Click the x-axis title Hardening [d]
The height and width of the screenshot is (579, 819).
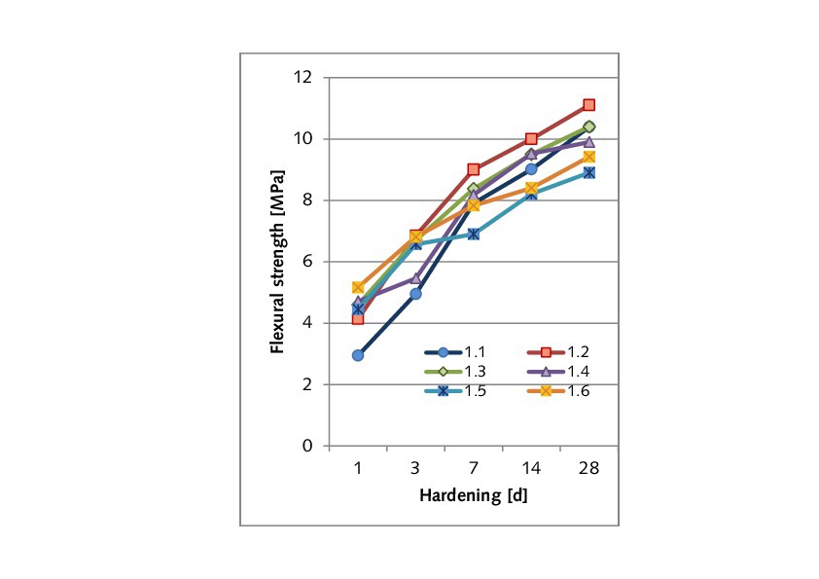point(474,494)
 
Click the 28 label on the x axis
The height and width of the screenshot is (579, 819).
point(588,468)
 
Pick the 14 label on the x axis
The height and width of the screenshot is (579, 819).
point(531,468)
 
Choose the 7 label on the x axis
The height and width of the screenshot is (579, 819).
point(474,468)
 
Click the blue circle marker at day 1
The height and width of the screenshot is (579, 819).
point(358,355)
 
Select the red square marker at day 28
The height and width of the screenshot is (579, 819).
point(588,105)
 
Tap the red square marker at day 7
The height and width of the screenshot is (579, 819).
point(474,169)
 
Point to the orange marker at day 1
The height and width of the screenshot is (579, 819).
point(358,287)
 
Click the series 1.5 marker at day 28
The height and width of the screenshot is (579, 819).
point(588,172)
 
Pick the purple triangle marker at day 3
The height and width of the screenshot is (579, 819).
point(415,277)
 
